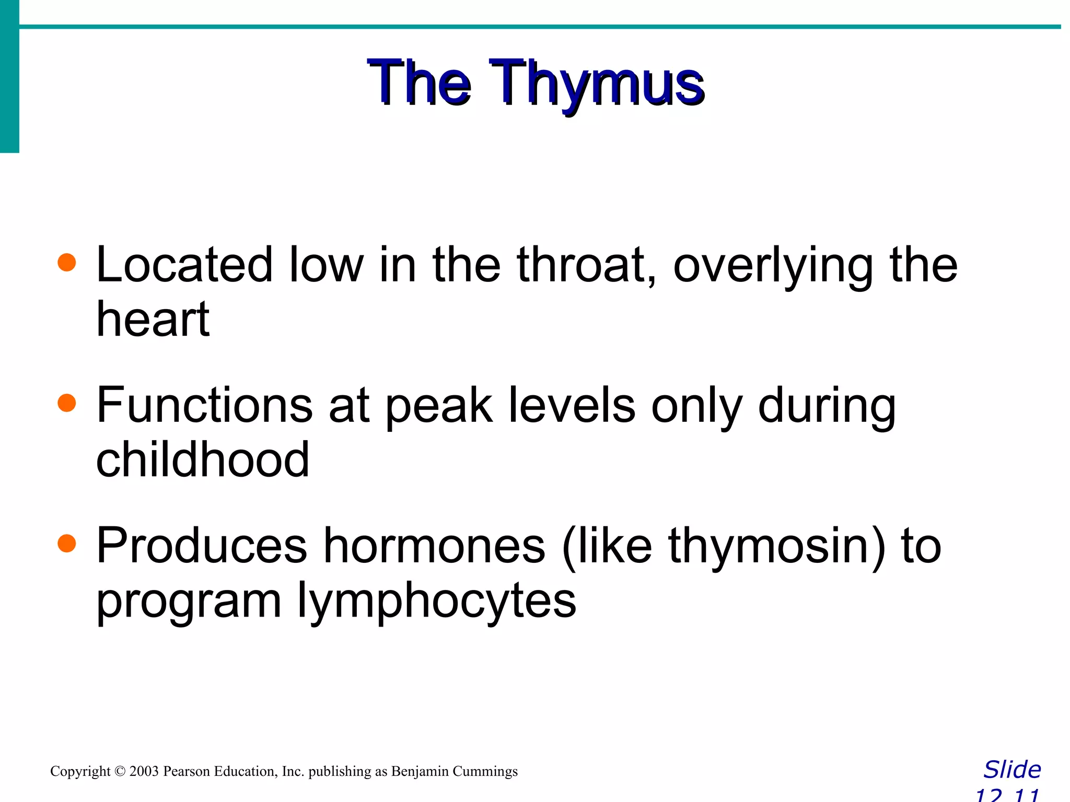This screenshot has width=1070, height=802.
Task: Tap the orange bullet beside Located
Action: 67,263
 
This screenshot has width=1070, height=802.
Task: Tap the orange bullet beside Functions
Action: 67,403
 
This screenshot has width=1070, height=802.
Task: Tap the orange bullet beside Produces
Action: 67,544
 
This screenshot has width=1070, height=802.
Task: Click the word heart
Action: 153,320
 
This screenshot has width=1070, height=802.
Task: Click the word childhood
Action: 203,459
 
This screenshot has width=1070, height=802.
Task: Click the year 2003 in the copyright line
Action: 144,771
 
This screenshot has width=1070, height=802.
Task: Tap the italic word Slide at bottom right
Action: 1012,770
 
